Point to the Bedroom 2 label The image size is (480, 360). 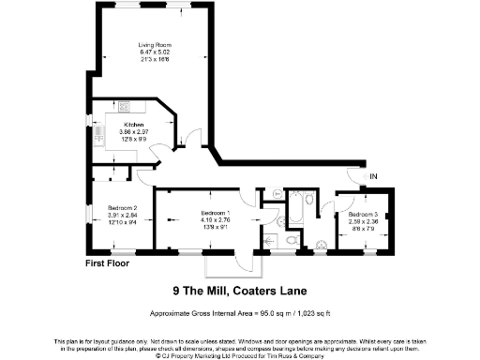pos(123,207)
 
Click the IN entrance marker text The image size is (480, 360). pos(373,176)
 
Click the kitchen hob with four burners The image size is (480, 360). pos(127,109)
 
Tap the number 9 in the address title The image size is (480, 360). pos(177,290)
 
